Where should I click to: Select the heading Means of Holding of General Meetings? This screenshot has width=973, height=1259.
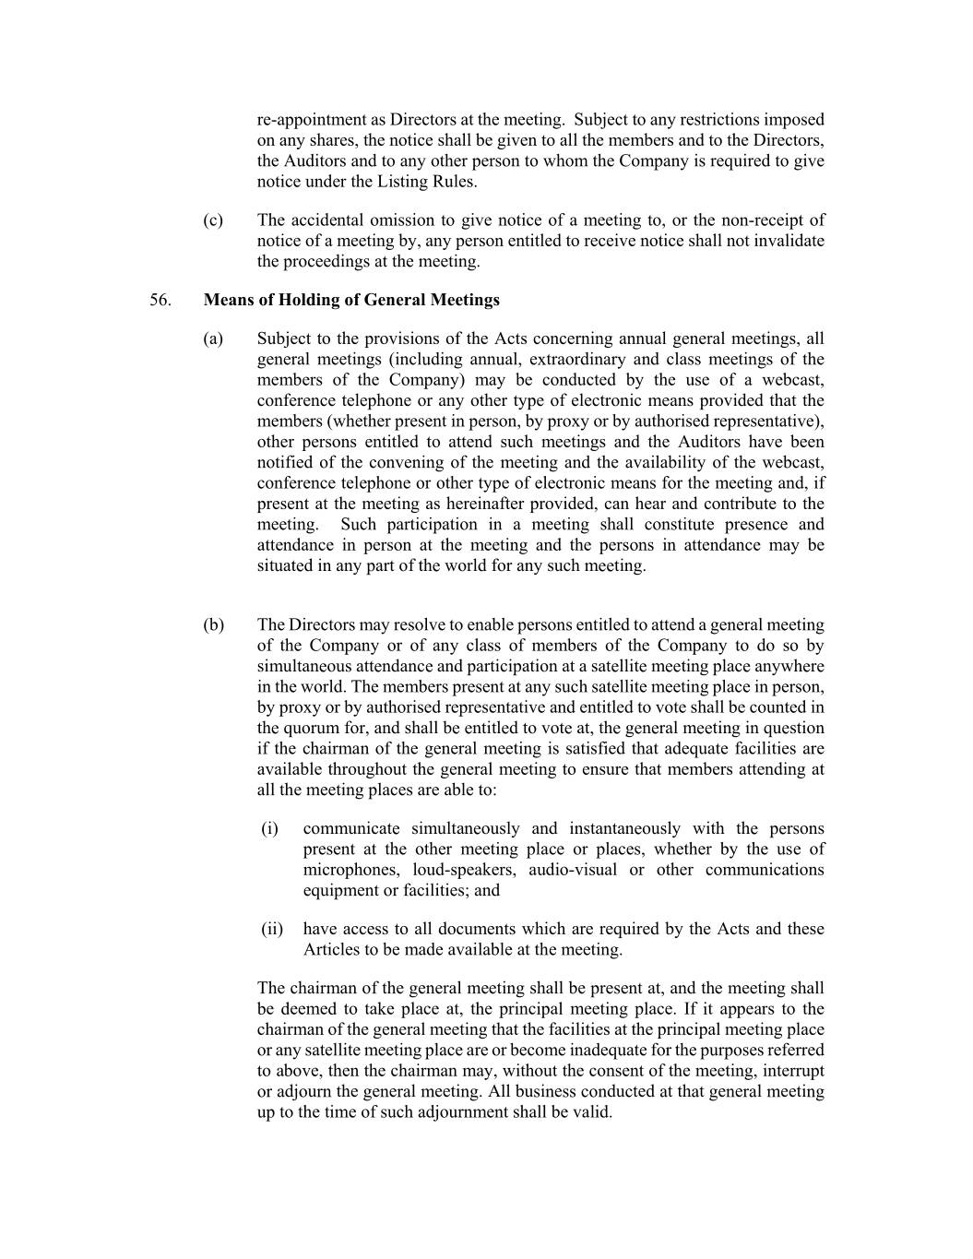pos(351,300)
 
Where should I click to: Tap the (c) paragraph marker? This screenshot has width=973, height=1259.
pos(213,220)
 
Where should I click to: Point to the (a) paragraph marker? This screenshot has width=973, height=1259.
pos(213,339)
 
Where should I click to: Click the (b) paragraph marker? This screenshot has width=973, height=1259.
pos(213,625)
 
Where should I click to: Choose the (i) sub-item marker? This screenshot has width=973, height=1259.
pos(269,828)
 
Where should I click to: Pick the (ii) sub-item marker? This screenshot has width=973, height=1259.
pos(272,929)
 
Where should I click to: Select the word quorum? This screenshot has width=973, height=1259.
pos(304,729)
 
